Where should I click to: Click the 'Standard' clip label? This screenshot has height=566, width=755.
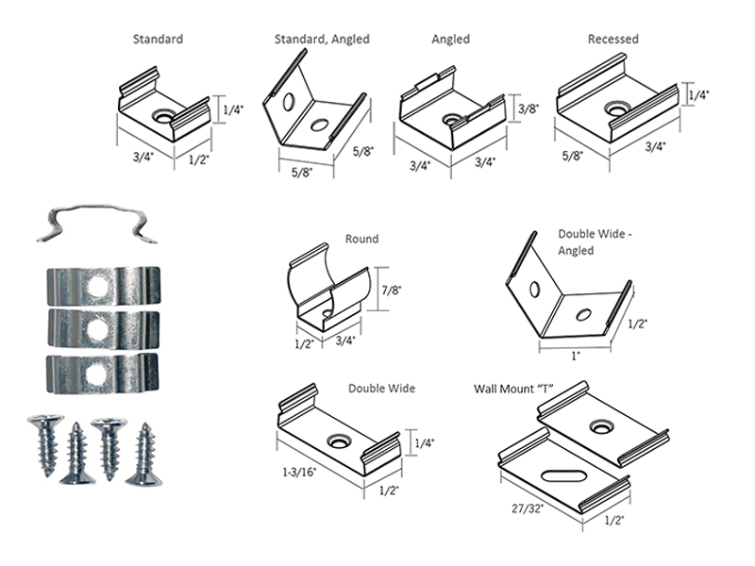(x=158, y=40)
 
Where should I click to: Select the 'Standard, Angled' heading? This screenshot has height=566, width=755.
(x=322, y=40)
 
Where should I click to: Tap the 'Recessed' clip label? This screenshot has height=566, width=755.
(x=612, y=40)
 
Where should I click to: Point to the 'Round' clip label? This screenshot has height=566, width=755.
(x=361, y=240)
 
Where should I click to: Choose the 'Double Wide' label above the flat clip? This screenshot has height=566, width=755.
(x=381, y=388)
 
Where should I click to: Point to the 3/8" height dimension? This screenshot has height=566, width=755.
(x=529, y=108)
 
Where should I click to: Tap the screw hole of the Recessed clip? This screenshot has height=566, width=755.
(x=617, y=109)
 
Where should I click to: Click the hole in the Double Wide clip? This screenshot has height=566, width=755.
(x=338, y=441)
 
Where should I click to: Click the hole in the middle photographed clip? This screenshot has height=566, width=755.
(x=95, y=328)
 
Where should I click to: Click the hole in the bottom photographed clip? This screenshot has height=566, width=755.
(x=95, y=374)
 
